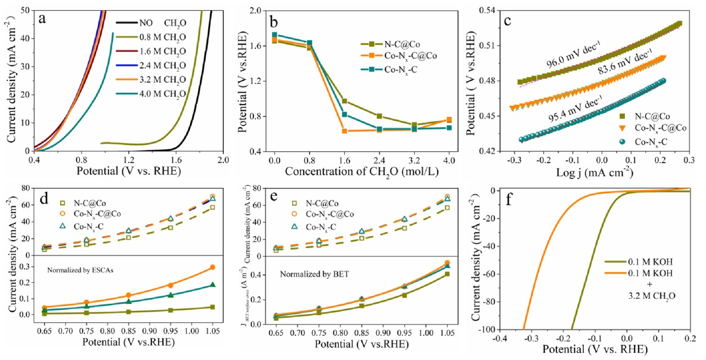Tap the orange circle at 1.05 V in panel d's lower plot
pyautogui.click(x=212, y=267)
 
